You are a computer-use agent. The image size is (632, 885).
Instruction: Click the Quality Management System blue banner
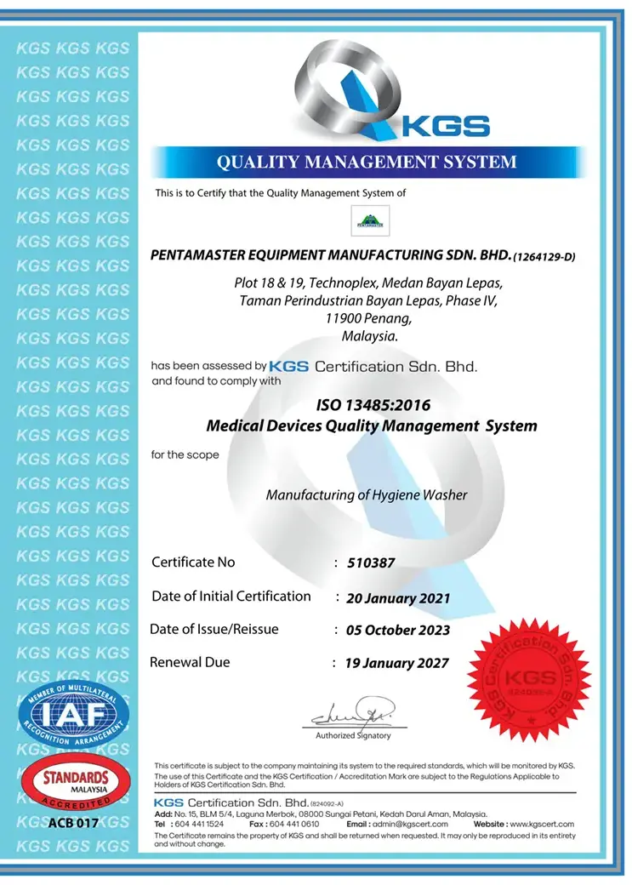point(367,162)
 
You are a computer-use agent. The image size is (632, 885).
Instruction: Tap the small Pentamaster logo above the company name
point(369,221)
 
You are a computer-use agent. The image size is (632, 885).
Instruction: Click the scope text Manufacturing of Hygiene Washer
point(367,494)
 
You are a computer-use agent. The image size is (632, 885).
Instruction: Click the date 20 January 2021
point(398,597)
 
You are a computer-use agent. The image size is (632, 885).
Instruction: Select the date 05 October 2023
point(397,631)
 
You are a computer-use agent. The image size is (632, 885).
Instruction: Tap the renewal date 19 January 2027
point(396,663)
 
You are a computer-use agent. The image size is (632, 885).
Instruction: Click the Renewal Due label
point(190,662)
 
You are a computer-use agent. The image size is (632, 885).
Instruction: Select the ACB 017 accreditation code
point(73,823)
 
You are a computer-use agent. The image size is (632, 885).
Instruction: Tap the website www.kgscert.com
point(541,824)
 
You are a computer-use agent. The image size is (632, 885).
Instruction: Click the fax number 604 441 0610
point(296,824)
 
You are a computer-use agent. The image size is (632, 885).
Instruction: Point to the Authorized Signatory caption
point(353,735)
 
